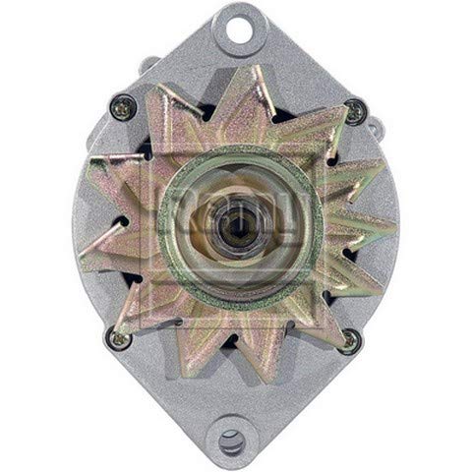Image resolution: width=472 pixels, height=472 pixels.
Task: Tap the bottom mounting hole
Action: click(x=234, y=440)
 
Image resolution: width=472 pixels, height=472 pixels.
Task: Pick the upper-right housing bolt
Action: click(x=355, y=111)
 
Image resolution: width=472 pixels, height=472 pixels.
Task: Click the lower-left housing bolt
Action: click(x=117, y=339)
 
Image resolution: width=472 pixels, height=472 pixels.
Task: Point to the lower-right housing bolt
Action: click(x=348, y=341)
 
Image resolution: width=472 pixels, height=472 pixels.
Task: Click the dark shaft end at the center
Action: click(x=236, y=228)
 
